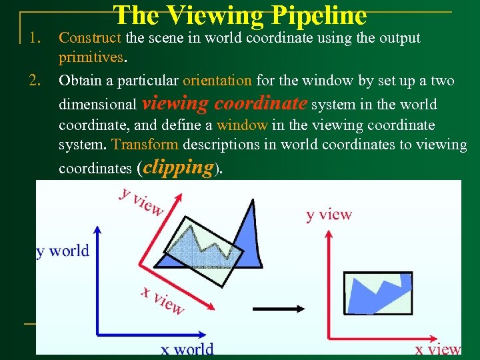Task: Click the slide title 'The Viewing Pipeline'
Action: (x=240, y=15)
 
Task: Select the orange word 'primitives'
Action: (x=90, y=57)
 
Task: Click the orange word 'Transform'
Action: (x=145, y=145)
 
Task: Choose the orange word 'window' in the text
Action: (x=241, y=125)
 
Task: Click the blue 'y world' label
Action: (x=62, y=251)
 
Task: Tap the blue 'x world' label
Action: (x=187, y=349)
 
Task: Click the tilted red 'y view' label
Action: (x=141, y=201)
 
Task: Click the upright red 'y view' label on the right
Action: (x=329, y=215)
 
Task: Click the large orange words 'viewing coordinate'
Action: (x=225, y=104)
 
